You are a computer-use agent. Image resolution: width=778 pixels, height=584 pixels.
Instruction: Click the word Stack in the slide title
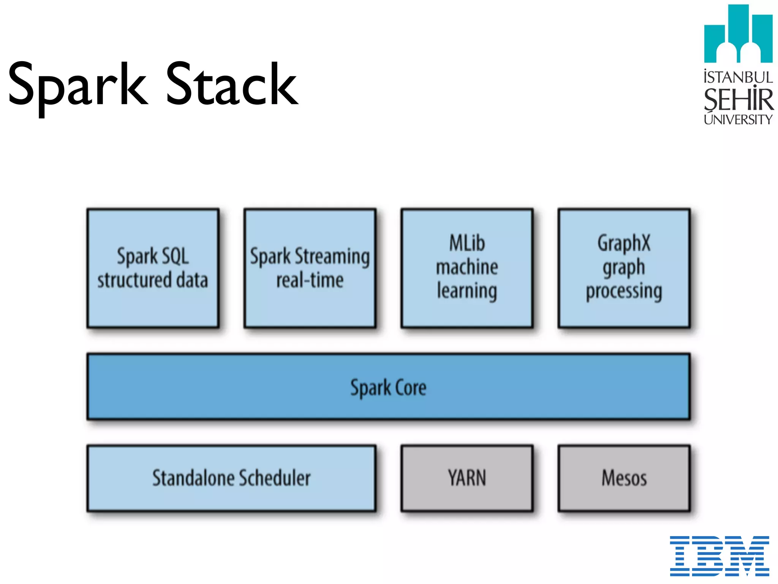pos(232,84)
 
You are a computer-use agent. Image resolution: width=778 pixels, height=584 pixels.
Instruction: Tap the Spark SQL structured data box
pos(153,268)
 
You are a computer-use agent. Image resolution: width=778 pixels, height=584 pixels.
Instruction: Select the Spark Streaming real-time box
pos(310,268)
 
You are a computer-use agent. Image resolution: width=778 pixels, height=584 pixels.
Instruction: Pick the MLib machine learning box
pos(467,268)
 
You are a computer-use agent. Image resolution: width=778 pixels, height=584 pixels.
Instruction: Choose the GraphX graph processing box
pos(624,268)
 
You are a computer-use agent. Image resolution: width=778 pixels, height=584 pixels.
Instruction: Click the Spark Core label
pos(388,387)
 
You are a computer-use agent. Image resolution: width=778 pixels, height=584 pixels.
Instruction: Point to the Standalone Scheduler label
pos(231,478)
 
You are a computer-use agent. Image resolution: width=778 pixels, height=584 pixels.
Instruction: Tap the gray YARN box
pos(467,478)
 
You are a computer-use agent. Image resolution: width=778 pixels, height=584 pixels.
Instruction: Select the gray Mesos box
pos(624,478)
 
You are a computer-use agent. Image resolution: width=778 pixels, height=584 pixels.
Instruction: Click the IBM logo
pos(719,555)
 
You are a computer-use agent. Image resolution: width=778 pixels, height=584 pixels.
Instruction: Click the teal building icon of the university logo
pos(738,34)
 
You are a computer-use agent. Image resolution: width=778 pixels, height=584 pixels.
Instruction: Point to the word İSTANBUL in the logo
pos(738,77)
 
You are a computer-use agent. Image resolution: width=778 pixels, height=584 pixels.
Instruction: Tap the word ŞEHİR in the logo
pos(738,99)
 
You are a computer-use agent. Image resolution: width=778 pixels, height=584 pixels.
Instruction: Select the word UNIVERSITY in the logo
pos(738,119)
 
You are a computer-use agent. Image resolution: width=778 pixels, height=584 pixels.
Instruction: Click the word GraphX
pos(624,243)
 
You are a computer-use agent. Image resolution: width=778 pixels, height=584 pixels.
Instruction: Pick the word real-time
pos(310,280)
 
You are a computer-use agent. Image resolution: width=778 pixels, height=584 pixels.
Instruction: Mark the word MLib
pos(467,243)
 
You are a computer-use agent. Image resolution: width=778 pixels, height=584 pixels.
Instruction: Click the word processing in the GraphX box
pos(624,291)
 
